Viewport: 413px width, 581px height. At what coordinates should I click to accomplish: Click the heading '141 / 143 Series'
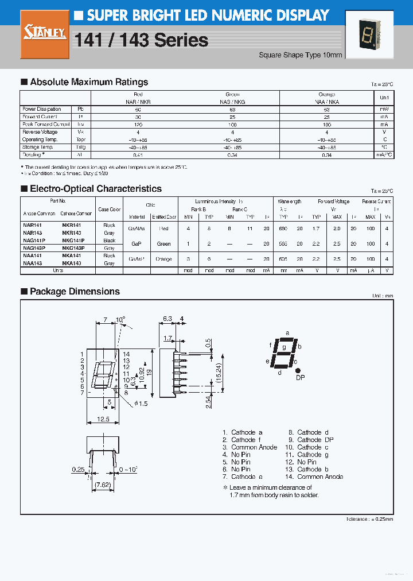pos(141,40)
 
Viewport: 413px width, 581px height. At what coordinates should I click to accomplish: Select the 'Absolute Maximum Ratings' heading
pos(88,82)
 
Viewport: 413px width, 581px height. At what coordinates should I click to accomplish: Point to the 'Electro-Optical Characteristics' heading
pos(95,189)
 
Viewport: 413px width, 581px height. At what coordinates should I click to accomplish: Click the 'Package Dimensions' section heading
pos(75,292)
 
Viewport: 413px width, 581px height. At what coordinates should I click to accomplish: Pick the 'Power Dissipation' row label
pos(41,109)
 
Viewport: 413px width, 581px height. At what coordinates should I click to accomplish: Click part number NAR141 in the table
pos(32,225)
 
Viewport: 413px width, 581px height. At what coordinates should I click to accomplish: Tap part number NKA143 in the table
pos(71,263)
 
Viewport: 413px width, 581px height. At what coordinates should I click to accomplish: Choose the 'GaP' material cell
pos(137,243)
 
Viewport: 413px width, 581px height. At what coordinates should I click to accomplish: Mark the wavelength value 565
pos(283,244)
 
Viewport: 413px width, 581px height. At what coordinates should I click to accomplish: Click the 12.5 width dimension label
pos(104,420)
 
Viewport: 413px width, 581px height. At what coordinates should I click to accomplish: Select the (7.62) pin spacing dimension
pos(104,485)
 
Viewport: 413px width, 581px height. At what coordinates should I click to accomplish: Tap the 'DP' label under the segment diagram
pos(300,377)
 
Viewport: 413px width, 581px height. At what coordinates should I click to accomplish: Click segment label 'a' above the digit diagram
pos(287,332)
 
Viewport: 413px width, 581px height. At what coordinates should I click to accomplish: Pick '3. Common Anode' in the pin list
pos(250,447)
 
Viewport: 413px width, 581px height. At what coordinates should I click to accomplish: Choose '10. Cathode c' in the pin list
pos(309,447)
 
